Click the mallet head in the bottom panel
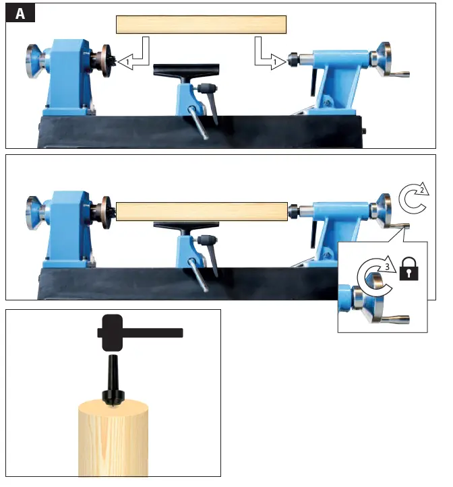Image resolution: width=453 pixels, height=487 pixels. tap(111, 333)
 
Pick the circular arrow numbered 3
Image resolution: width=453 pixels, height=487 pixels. tap(375, 271)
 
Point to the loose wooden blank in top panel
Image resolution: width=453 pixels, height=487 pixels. tap(202, 25)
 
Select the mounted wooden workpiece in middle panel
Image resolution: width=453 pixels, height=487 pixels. tap(202, 210)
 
